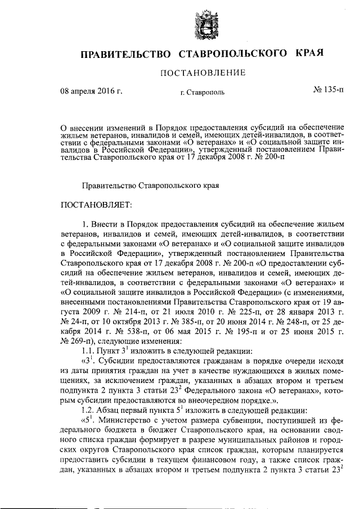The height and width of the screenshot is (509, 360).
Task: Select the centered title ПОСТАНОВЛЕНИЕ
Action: pos(204,73)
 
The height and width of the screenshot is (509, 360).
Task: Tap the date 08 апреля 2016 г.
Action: pos(92,90)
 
